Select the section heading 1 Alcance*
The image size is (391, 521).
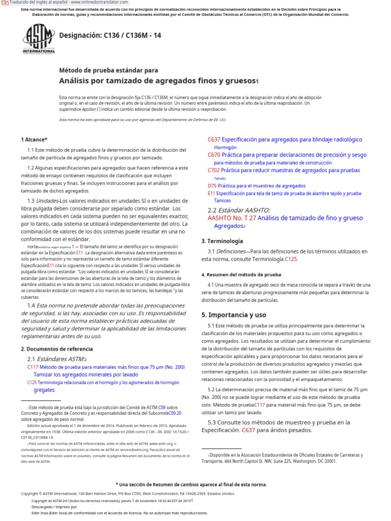34,139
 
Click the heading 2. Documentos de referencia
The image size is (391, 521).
57,349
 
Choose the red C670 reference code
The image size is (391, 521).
214,155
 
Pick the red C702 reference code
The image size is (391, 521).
214,170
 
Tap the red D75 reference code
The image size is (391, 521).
212,186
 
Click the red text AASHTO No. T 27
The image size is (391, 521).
232,218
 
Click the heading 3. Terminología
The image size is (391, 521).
222,241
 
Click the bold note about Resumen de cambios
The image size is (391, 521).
191,484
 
